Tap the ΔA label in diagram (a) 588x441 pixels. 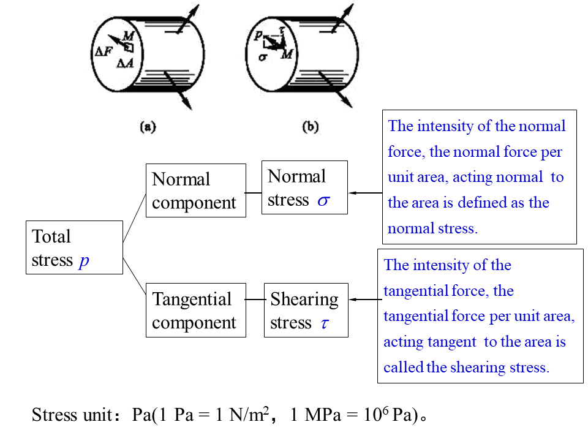tap(126, 63)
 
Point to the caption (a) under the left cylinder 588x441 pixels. tap(148, 127)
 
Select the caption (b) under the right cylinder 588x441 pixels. tap(311, 127)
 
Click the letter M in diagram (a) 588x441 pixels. tap(129, 36)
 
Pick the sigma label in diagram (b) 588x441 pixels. tap(262, 58)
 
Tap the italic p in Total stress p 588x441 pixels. tap(84, 260)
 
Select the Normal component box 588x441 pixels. tap(195, 190)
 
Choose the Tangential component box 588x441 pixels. tap(195, 310)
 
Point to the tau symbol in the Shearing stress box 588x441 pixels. tap(325, 323)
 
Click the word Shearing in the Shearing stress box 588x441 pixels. tap(304, 300)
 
